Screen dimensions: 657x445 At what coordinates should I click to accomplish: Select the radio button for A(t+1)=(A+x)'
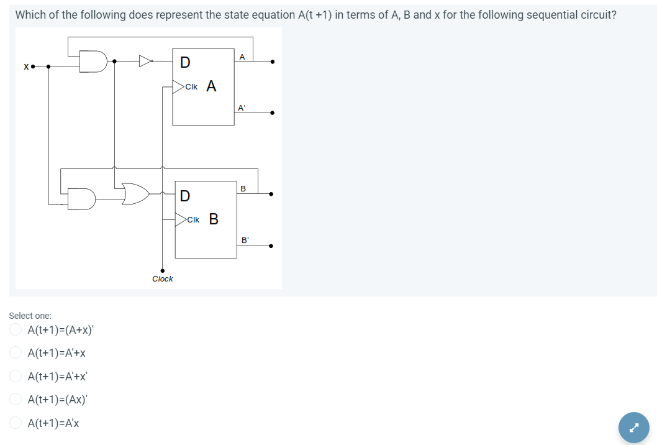click(16, 330)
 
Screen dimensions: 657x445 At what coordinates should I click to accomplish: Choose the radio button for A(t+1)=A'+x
click(16, 353)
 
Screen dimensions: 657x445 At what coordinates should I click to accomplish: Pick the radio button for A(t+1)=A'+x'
click(16, 376)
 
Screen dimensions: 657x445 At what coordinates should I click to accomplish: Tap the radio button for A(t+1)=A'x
click(16, 423)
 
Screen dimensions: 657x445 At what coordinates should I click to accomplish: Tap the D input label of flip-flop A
click(185, 62)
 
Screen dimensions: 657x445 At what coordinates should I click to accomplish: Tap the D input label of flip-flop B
click(185, 196)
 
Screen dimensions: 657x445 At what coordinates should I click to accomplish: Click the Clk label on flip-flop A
click(191, 86)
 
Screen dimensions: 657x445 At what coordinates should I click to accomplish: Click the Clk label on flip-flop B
click(193, 219)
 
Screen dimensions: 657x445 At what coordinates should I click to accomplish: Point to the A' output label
click(242, 107)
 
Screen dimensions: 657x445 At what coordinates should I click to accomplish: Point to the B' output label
click(245, 239)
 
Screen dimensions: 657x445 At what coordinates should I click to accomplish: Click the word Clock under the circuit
click(163, 279)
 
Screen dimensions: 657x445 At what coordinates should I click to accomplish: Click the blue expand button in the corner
click(633, 428)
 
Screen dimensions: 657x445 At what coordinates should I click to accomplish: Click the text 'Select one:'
click(30, 316)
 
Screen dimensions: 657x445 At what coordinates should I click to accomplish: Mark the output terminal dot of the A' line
click(271, 113)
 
